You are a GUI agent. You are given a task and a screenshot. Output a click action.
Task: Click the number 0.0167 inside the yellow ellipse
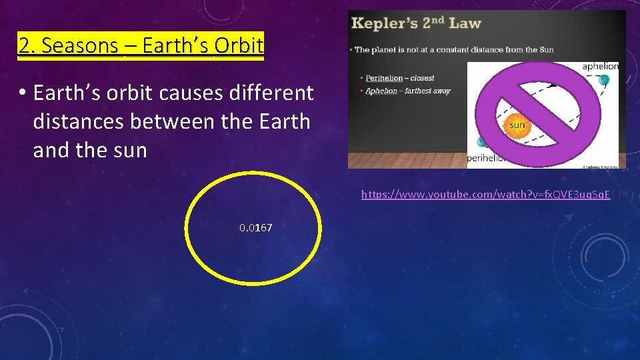click(x=256, y=228)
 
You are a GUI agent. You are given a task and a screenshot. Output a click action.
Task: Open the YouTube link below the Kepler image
click(x=485, y=195)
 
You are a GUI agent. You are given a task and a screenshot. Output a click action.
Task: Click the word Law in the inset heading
click(x=465, y=24)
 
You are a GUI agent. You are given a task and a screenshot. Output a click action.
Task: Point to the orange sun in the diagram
click(x=517, y=125)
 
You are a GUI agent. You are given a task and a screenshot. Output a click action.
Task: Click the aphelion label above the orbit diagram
click(x=600, y=67)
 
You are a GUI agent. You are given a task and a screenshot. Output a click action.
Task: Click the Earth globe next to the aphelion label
click(x=604, y=80)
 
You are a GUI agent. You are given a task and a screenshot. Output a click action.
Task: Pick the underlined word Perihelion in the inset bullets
click(x=383, y=79)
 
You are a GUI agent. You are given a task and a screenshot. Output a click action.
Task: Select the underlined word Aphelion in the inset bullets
click(x=381, y=91)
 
